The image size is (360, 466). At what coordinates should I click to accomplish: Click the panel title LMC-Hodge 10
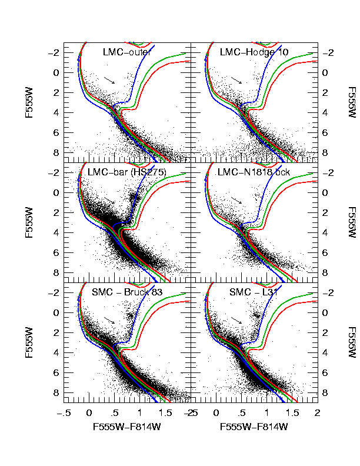(254, 52)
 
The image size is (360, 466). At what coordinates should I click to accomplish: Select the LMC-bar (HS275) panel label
(126, 172)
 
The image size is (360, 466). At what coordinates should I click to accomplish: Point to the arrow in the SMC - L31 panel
(236, 319)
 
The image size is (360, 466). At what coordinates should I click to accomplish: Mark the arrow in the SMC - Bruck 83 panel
(110, 319)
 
